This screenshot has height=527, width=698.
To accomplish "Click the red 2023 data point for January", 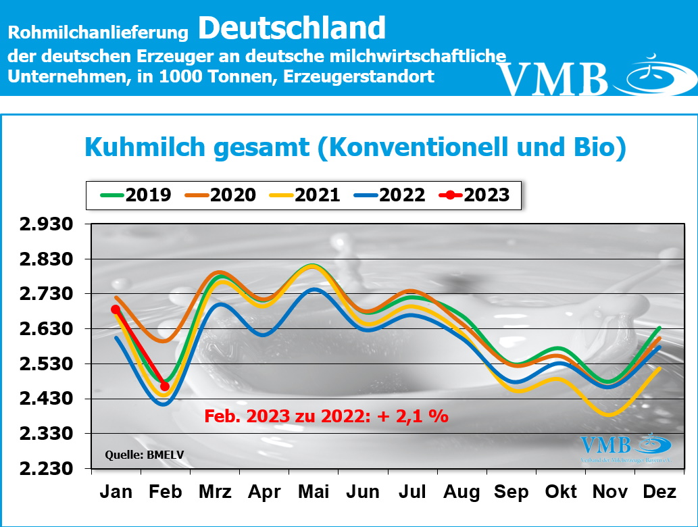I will click(x=116, y=309).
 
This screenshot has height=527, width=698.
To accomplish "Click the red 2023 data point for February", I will click(x=165, y=386).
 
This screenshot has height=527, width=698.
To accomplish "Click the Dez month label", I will click(x=659, y=492).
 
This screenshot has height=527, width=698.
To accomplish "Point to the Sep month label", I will click(x=512, y=492).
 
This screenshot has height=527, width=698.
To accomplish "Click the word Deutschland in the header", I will click(x=292, y=28).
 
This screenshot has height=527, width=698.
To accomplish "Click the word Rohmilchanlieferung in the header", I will click(x=97, y=31).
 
